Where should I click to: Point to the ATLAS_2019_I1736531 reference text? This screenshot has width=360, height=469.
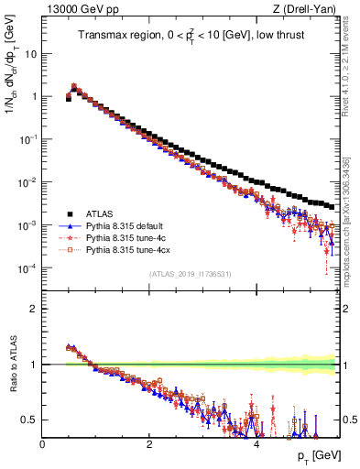click(x=190, y=274)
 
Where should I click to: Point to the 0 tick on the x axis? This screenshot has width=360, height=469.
click(x=42, y=444)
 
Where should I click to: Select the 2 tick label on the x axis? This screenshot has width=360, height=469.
click(x=149, y=444)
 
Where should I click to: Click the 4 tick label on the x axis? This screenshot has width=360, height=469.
click(x=256, y=444)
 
